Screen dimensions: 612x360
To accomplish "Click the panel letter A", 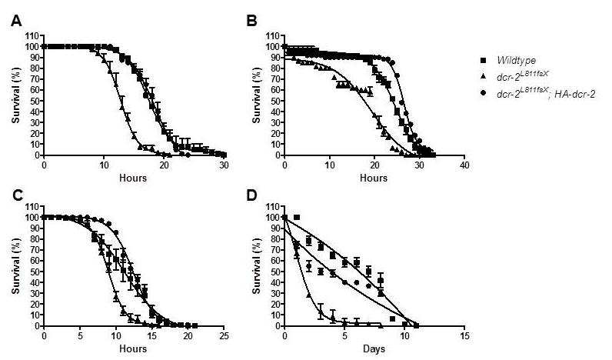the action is pos(16,21).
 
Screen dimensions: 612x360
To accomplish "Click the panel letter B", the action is pos(251,21).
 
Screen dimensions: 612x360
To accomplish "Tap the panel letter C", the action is pos(17,196).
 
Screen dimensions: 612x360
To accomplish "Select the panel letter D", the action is pos(252,196).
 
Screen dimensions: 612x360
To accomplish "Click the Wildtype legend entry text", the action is pos(517,61).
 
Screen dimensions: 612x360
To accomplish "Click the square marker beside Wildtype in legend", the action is pos(484,61).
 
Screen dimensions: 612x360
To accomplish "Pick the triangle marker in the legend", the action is pos(484,78).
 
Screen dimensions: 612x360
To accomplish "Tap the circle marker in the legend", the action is pos(484,94).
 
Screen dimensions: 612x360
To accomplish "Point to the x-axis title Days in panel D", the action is pos(374,348).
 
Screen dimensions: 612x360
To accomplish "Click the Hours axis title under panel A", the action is pos(133,178).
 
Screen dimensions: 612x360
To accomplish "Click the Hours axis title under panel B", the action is pos(374,178).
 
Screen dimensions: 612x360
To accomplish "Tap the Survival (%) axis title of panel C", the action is pos(16,266).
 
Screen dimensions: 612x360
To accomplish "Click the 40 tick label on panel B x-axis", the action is pos(464,165).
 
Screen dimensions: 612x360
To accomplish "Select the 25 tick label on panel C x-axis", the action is pos(224,336).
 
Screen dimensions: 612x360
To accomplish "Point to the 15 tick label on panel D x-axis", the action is pos(464,336).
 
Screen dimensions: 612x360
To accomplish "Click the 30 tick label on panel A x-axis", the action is pos(224,165).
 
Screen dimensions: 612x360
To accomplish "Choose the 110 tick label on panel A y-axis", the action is pos(32,36).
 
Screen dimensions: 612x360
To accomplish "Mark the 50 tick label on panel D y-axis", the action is pos(273,272).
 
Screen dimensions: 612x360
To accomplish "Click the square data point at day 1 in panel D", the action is pos(297,217).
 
